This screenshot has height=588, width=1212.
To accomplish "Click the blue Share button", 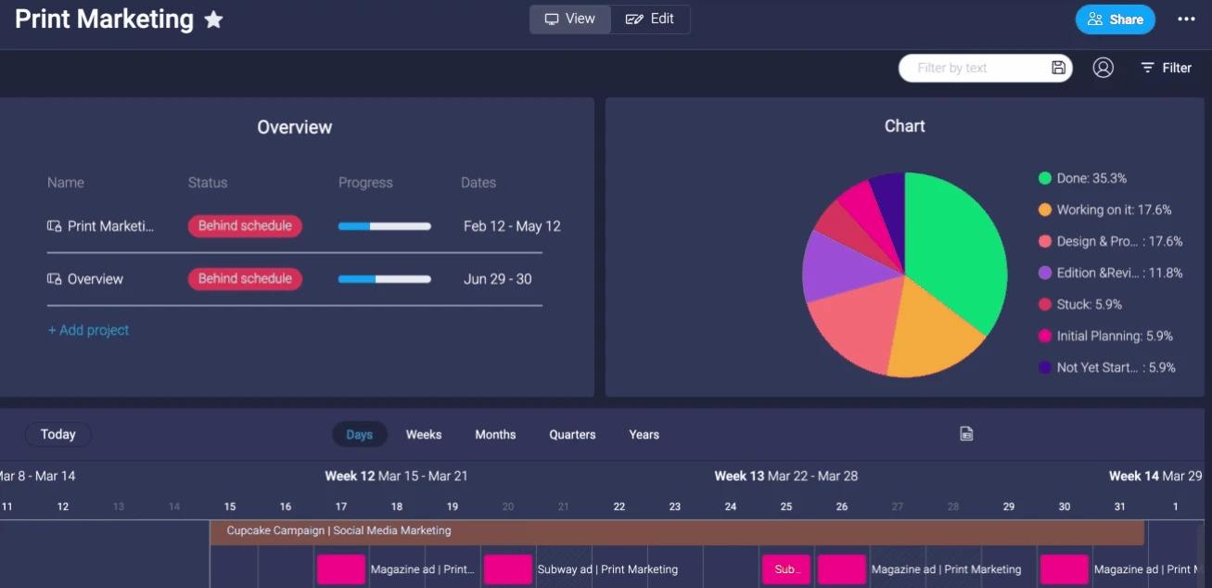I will pyautogui.click(x=1116, y=19).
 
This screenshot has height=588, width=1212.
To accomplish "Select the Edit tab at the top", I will pyautogui.click(x=650, y=19).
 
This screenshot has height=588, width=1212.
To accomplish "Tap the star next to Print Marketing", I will pyautogui.click(x=213, y=19).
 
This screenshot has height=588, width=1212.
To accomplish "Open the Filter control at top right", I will pyautogui.click(x=1166, y=68).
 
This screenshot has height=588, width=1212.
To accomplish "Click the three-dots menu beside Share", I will pyautogui.click(x=1186, y=19).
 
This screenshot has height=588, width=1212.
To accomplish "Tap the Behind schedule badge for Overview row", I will pyautogui.click(x=245, y=278).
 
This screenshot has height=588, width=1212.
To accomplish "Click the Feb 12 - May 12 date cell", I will pyautogui.click(x=512, y=226).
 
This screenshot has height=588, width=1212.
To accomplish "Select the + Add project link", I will pyautogui.click(x=89, y=330).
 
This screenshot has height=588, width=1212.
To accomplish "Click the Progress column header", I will pyautogui.click(x=365, y=183).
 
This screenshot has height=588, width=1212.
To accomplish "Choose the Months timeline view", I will pyautogui.click(x=495, y=434).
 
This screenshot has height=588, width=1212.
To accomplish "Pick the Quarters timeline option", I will pyautogui.click(x=572, y=434).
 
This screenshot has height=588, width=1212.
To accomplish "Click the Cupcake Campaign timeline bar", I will pyautogui.click(x=677, y=531).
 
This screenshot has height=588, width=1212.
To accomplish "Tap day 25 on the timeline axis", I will pyautogui.click(x=786, y=506).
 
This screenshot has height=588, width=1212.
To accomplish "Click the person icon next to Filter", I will pyautogui.click(x=1103, y=68).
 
